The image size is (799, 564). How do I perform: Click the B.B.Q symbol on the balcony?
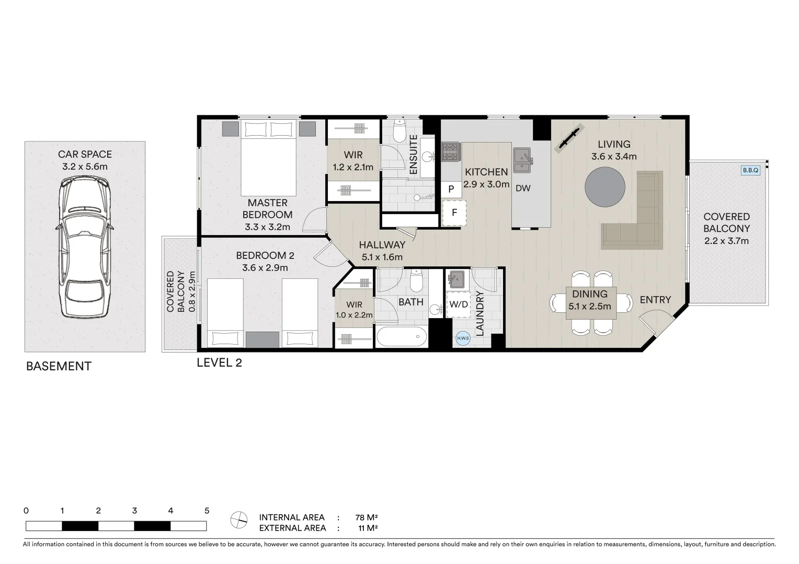tap(750, 170)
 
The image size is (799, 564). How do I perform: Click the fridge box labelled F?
tap(454, 213)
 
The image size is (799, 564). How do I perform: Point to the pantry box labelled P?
tap(451, 190)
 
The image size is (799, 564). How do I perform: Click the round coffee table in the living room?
tap(604, 186)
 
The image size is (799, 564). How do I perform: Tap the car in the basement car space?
tap(85, 247)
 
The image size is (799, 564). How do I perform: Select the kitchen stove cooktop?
tap(450, 151)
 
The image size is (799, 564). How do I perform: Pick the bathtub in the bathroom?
tap(401, 337)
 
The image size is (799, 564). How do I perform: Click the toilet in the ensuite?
tap(399, 132)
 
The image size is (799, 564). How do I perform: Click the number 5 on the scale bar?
tap(207, 511)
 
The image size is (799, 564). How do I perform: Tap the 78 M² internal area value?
tap(366, 518)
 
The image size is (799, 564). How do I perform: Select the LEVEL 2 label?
tap(219, 362)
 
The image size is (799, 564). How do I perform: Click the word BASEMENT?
tap(59, 367)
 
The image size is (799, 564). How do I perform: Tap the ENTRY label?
tap(655, 300)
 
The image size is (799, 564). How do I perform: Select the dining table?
tap(589, 303)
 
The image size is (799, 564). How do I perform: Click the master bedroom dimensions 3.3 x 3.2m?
tap(267, 227)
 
